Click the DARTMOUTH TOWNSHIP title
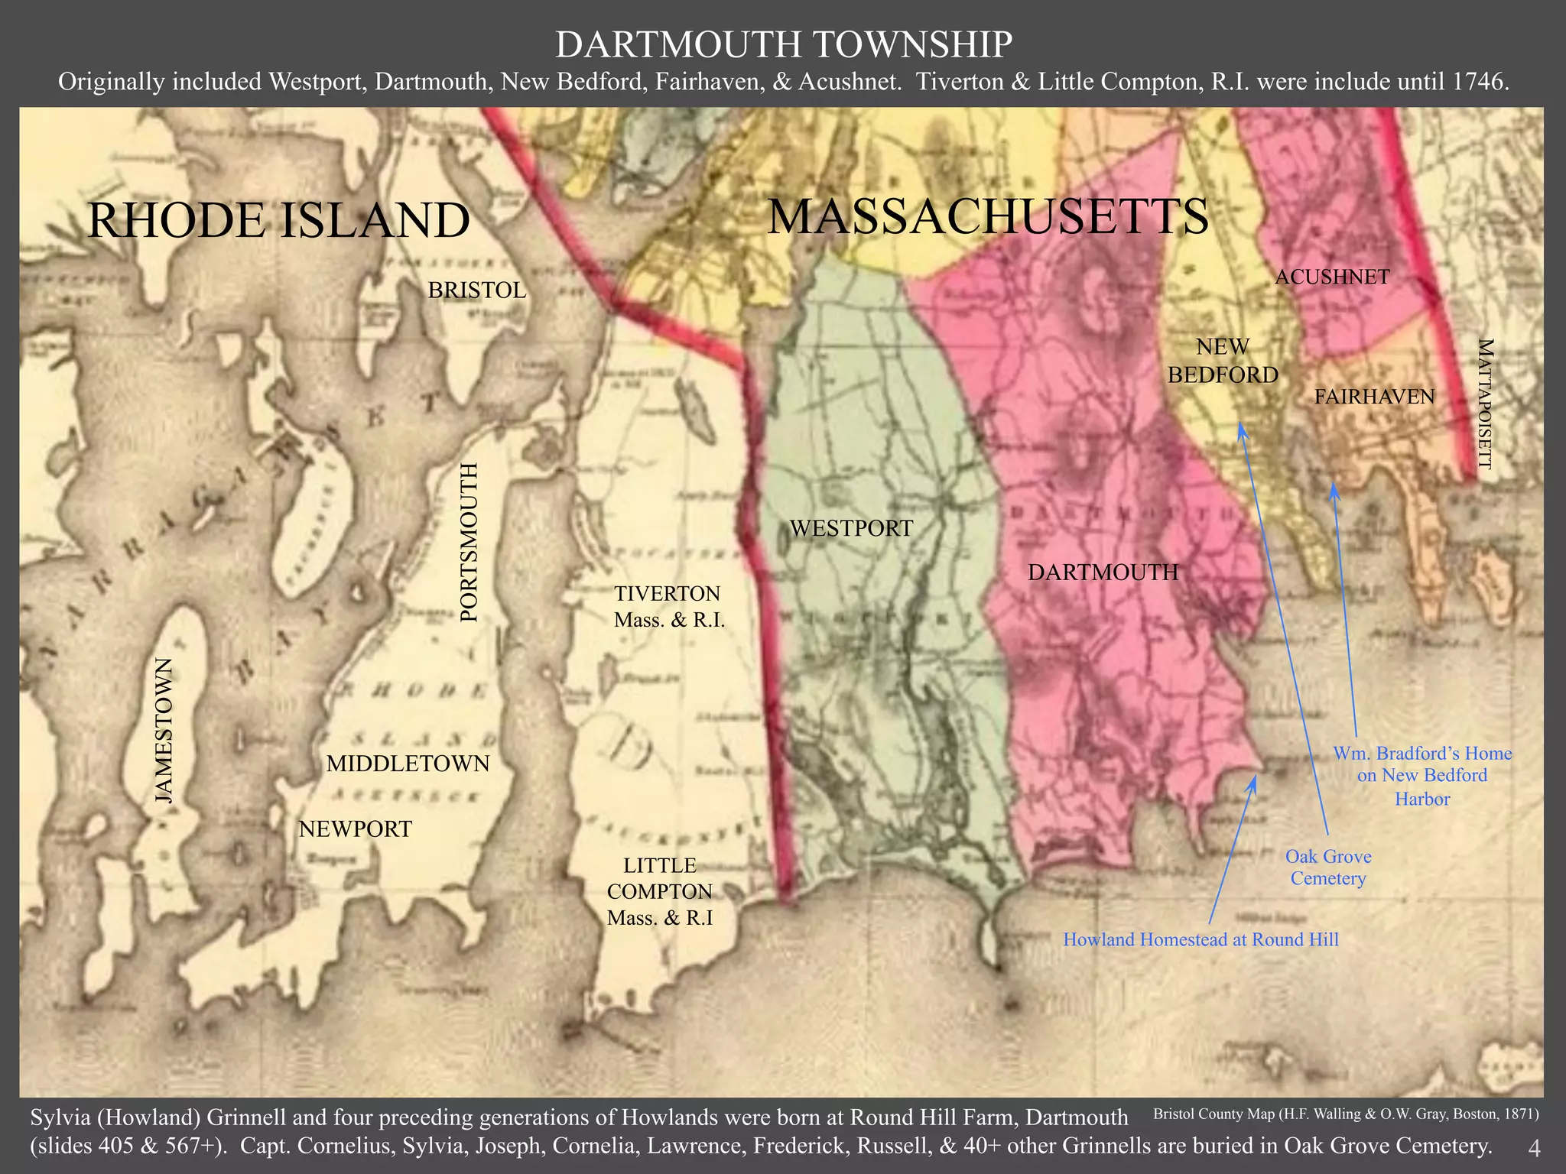click(x=783, y=44)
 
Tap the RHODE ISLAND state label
click(x=278, y=220)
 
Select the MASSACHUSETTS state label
click(x=988, y=216)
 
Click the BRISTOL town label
click(x=476, y=290)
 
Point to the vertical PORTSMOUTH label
click(x=469, y=542)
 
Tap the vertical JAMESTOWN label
click(x=164, y=730)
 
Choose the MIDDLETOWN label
click(x=408, y=764)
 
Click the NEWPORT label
click(x=355, y=829)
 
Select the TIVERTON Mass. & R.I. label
click(x=668, y=606)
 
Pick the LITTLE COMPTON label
click(x=660, y=891)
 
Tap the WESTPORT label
click(x=851, y=528)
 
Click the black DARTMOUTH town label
click(x=1103, y=572)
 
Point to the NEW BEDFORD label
click(x=1223, y=361)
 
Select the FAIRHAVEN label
click(x=1374, y=397)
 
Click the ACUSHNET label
click(x=1332, y=277)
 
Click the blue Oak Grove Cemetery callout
click(x=1328, y=868)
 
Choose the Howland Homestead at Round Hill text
click(x=1200, y=939)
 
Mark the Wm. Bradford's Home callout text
click(x=1422, y=776)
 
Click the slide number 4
click(x=1533, y=1149)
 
